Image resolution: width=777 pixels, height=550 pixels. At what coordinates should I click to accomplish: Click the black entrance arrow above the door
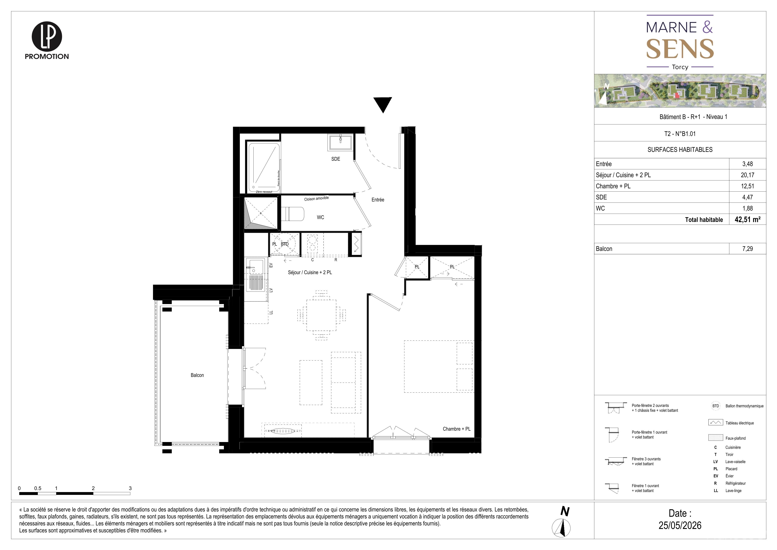383,104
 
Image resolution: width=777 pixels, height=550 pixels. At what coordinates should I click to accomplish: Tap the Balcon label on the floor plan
197,375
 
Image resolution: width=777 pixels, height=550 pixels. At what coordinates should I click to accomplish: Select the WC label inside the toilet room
320,217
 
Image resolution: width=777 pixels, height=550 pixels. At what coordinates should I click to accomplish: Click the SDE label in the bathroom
336,159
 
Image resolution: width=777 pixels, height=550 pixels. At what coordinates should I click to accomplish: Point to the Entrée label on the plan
378,200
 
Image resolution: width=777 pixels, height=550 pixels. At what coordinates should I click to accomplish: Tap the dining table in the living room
322,315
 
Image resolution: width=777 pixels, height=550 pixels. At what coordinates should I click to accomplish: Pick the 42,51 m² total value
748,219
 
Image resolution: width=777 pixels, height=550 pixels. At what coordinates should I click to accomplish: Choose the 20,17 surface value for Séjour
748,175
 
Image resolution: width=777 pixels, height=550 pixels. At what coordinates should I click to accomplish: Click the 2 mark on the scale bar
93,488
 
